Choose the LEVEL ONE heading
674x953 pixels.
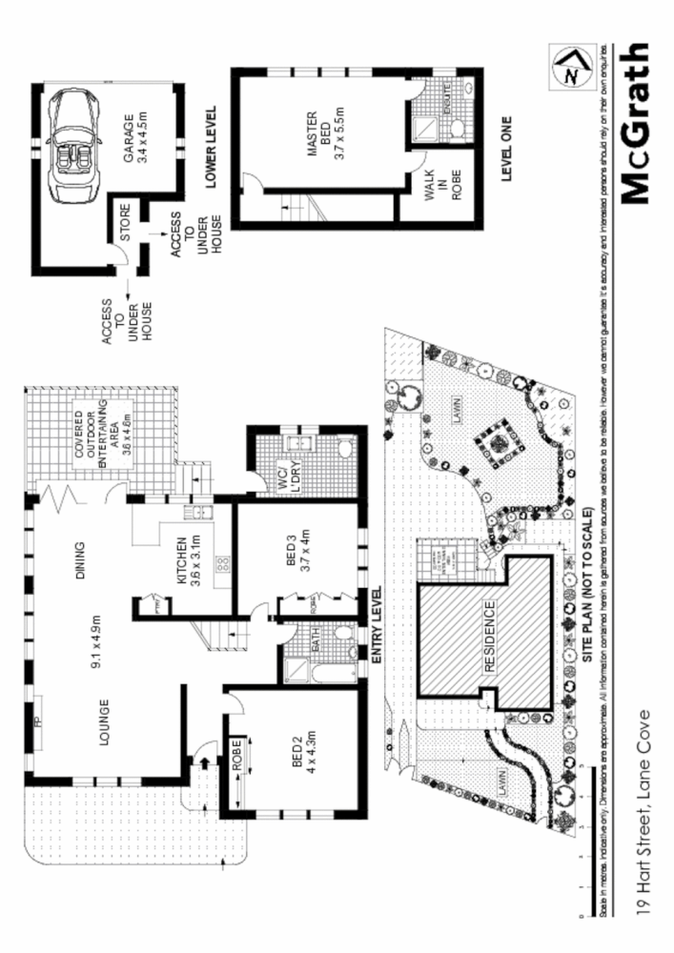click(x=507, y=149)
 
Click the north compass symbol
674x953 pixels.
click(x=570, y=70)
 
